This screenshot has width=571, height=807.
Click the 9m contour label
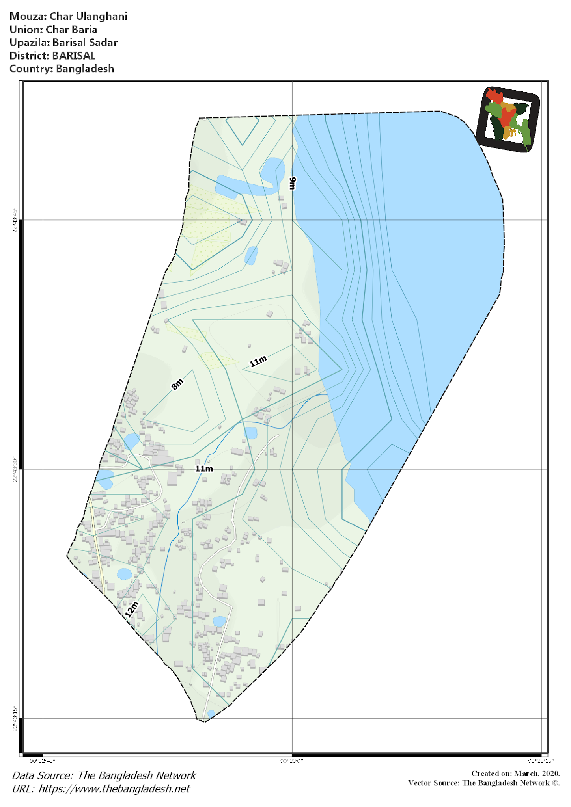[292, 183]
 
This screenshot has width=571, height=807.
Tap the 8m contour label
[177, 384]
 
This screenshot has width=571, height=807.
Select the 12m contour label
[132, 609]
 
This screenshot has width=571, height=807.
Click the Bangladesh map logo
[508, 119]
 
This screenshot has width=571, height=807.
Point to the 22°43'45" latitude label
[15, 220]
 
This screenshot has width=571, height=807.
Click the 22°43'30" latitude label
[15, 469]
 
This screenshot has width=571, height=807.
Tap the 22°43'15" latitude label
[15, 718]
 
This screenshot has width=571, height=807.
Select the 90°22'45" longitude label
[43, 761]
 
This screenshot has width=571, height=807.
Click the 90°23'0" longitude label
[292, 761]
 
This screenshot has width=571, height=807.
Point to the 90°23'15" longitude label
[541, 761]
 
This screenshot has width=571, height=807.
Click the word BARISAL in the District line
[74, 56]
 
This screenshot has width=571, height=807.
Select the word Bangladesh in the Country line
[85, 69]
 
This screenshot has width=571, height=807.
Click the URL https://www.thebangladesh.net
[114, 788]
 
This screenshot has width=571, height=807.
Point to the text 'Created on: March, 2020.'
[515, 774]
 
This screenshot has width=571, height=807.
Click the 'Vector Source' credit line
[484, 783]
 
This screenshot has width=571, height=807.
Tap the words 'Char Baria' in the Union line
[71, 30]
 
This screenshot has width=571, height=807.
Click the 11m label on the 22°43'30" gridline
[204, 469]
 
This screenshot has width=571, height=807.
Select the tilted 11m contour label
[258, 361]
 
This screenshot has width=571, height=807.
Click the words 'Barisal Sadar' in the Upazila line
[85, 43]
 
